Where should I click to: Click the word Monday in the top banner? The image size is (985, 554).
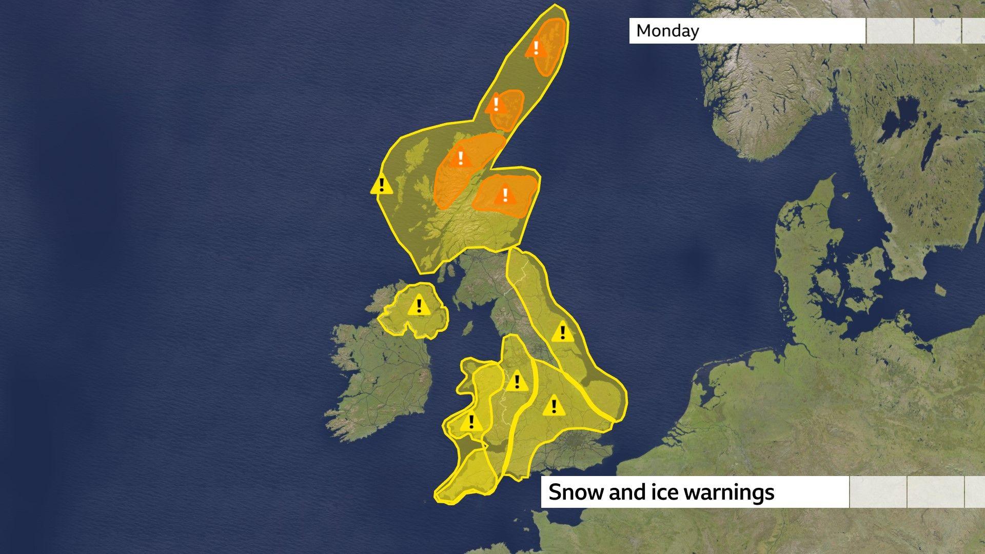coord(667,31)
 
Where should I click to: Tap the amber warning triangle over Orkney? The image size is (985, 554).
coord(496,105)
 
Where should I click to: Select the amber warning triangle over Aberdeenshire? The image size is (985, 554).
coord(505,195)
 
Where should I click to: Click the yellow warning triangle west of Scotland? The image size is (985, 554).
coord(381,185)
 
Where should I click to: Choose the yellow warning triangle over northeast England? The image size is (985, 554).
coord(562,332)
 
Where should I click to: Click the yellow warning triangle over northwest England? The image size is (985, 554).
coord(517,382)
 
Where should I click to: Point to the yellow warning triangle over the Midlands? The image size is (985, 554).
coord(553,407)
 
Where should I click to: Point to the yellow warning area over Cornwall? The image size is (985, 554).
coord(462,477)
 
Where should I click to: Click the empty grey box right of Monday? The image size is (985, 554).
coord(890,31)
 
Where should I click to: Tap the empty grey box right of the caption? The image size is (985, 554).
coord(878,492)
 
